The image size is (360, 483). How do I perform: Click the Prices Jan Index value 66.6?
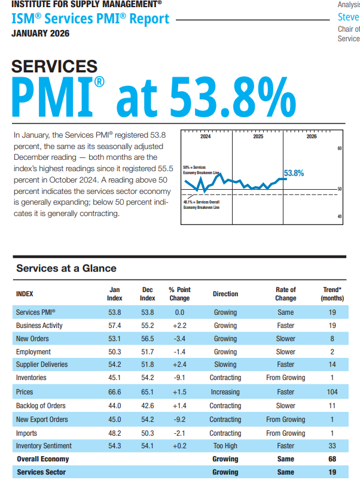[x=114, y=392]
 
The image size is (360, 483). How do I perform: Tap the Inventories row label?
[x=31, y=378]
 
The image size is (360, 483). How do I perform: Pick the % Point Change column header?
[x=179, y=294]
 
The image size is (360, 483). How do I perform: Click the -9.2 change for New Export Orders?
[x=179, y=420]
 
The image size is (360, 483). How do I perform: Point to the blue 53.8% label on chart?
[x=294, y=173]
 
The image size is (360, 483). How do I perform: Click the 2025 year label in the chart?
[x=258, y=137]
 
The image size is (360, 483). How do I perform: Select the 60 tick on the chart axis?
[x=339, y=148]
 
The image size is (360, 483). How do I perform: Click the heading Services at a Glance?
[x=66, y=268]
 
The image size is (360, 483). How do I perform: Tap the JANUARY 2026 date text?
[x=40, y=34]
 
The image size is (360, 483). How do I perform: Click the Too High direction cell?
[x=225, y=446]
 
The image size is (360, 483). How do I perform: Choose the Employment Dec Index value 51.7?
[x=148, y=352]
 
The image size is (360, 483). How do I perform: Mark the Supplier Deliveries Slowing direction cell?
[x=225, y=365]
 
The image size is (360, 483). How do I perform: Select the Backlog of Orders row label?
[x=41, y=406]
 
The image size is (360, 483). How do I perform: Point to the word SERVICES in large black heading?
[x=54, y=66]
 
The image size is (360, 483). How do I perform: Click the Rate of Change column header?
[x=285, y=294]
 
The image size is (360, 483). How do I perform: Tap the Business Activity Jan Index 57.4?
[x=114, y=326]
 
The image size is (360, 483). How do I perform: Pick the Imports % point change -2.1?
[x=179, y=433]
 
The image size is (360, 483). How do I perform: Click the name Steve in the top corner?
[x=348, y=17]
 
